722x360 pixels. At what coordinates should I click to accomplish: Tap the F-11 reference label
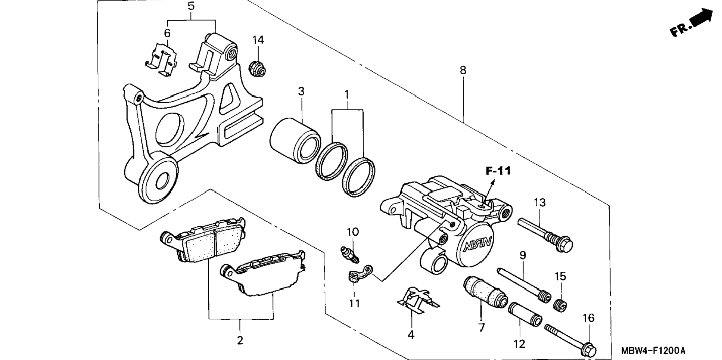click(498, 171)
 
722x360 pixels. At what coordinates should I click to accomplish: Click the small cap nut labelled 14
click(257, 68)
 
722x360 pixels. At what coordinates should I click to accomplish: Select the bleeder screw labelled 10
click(350, 254)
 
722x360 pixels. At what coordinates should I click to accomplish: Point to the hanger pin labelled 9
click(524, 285)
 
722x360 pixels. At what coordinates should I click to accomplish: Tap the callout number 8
click(463, 70)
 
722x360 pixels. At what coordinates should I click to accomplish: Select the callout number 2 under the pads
click(240, 340)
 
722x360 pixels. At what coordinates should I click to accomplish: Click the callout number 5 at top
click(191, 6)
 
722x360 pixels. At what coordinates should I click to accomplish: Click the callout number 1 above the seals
click(347, 94)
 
